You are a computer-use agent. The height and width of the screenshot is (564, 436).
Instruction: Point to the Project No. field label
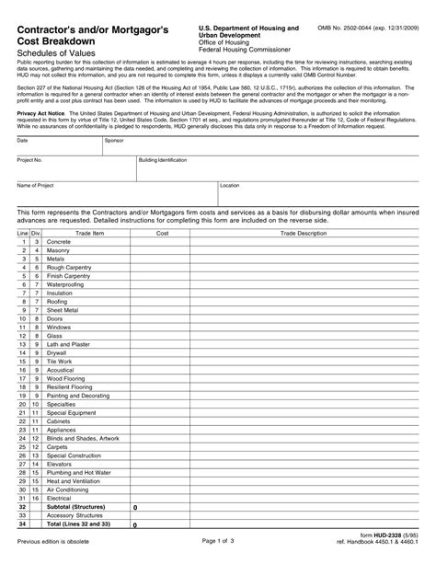(x=30, y=160)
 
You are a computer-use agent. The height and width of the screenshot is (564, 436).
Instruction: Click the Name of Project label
(x=36, y=185)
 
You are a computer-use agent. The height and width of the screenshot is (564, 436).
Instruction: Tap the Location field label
(x=230, y=185)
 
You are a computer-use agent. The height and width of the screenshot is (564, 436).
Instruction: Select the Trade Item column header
(x=90, y=234)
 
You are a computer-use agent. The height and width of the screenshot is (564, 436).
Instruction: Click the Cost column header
(x=163, y=234)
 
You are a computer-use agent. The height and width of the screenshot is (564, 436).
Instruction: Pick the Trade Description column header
(x=304, y=234)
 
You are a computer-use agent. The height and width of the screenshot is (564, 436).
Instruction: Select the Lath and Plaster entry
(x=69, y=344)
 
